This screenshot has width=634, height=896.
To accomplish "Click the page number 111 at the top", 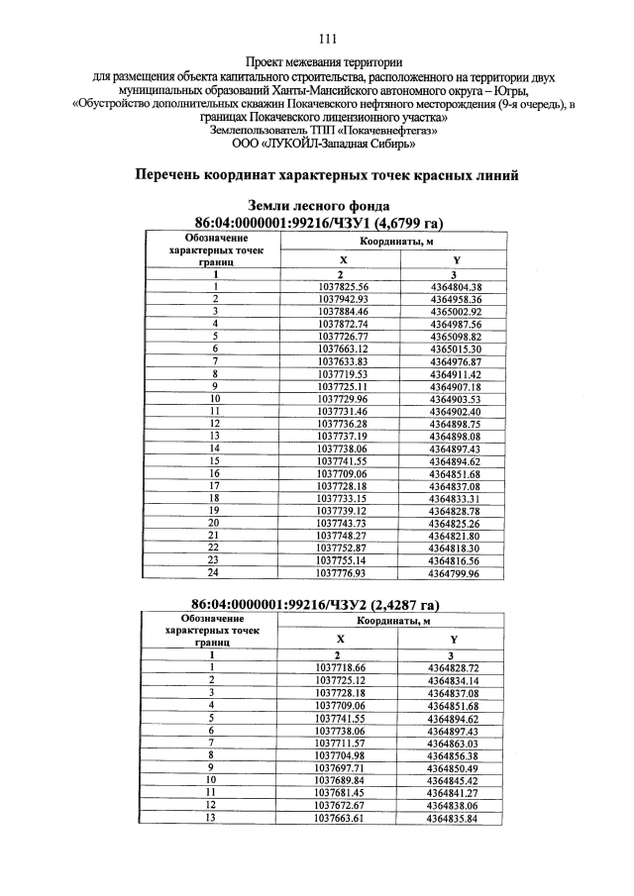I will (328, 40).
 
